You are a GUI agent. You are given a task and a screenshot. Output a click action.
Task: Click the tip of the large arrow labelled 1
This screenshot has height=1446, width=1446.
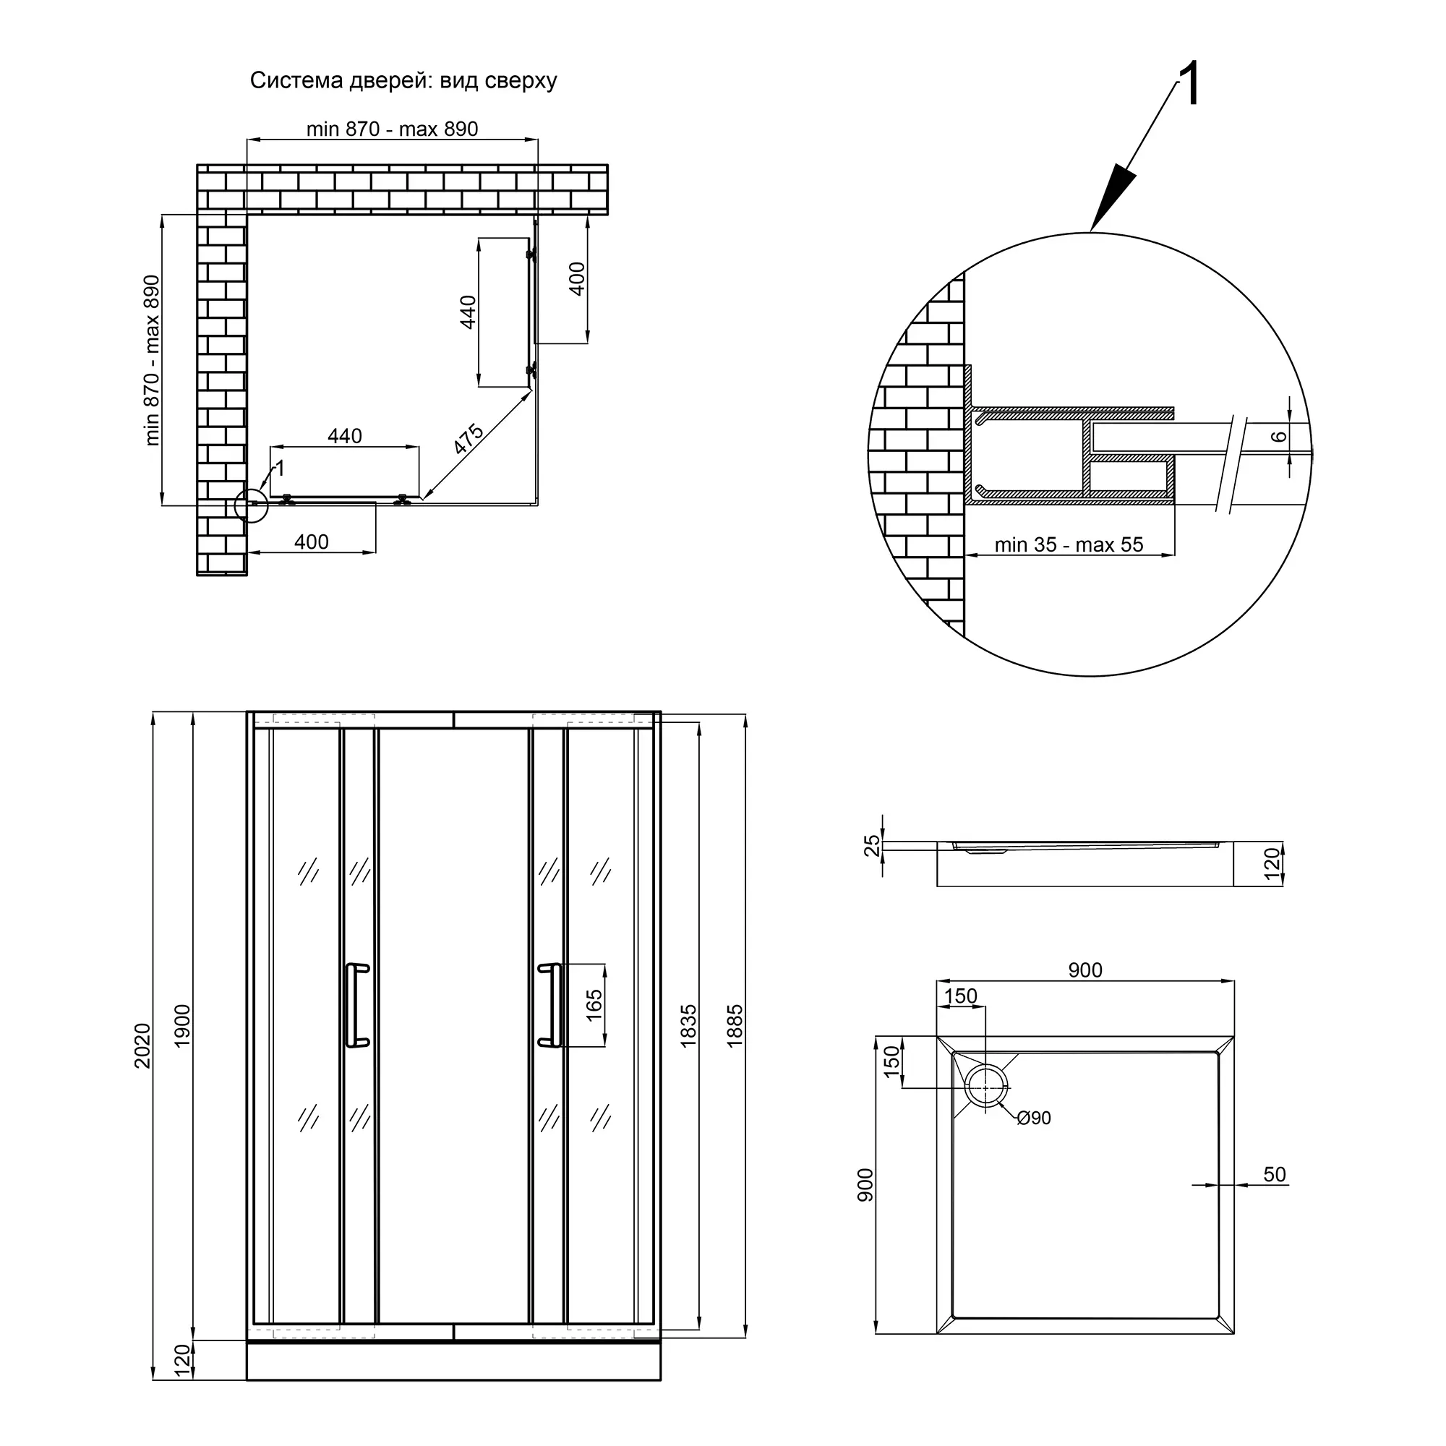pyautogui.click(x=1091, y=231)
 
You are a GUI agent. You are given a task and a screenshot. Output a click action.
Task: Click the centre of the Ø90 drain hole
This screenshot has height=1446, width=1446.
pyautogui.click(x=985, y=1087)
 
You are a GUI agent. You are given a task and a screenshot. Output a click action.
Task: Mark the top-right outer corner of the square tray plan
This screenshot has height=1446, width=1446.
pyautogui.click(x=1233, y=1037)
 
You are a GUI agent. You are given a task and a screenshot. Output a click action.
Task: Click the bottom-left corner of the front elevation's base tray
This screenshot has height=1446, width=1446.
pyautogui.click(x=247, y=1380)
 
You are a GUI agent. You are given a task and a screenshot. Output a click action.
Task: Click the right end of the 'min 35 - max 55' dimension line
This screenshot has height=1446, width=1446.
pyautogui.click(x=1173, y=555)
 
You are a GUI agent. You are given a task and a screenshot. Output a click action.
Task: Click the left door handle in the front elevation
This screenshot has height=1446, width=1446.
pyautogui.click(x=357, y=1004)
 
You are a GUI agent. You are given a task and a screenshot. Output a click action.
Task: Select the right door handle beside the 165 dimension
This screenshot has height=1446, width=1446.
pyautogui.click(x=550, y=1004)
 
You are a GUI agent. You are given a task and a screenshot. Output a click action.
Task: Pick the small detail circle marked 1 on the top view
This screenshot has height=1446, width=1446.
pyautogui.click(x=251, y=505)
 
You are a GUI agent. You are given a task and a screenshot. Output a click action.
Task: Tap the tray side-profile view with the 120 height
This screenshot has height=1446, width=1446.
pyautogui.click(x=1085, y=864)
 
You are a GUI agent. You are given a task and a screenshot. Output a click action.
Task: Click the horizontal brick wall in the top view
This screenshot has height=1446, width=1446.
pyautogui.click(x=403, y=189)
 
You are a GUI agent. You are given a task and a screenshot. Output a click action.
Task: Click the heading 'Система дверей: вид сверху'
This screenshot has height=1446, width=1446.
pyautogui.click(x=403, y=80)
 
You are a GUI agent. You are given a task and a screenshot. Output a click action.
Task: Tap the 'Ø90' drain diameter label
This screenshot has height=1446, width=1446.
pyautogui.click(x=1035, y=1118)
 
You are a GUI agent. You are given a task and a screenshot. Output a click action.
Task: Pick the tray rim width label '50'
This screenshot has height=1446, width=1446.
pyautogui.click(x=1275, y=1174)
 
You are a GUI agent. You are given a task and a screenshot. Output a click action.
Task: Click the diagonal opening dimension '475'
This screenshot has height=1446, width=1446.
pyautogui.click(x=469, y=439)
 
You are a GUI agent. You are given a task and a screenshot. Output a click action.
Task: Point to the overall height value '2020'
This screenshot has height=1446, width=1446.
pyautogui.click(x=142, y=1045)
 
